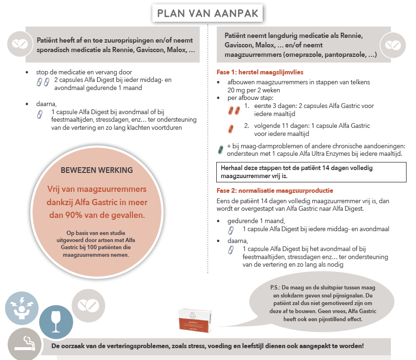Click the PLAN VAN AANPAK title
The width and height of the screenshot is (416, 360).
208,13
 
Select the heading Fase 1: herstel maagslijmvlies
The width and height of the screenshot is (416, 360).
259,72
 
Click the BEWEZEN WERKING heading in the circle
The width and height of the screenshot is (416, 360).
97,170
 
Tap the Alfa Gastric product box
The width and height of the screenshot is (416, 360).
195,319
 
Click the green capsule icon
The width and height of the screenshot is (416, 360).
220,150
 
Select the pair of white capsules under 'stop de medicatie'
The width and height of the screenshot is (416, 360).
43,82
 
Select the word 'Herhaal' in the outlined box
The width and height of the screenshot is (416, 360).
232,168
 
